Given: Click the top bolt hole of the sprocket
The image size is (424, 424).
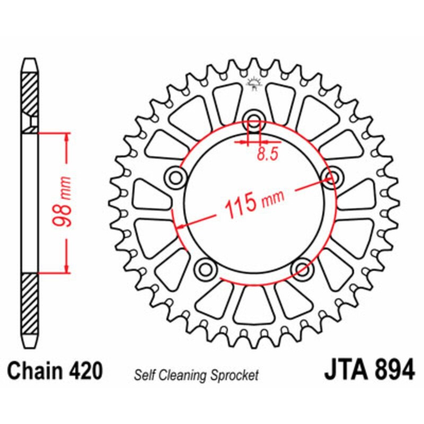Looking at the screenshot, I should [254, 119].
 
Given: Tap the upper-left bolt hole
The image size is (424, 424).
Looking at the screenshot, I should [174, 176].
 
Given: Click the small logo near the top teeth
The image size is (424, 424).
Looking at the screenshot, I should [254, 83].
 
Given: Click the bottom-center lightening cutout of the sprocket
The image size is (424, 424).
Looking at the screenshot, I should [253, 306].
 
